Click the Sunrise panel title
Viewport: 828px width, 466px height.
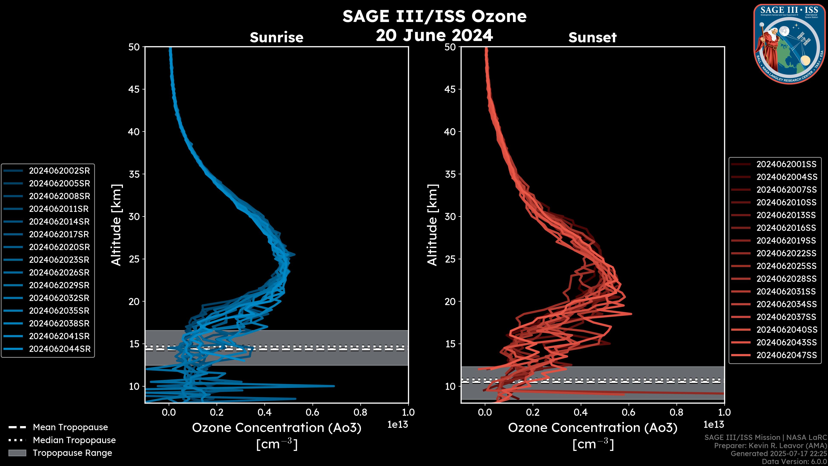276,38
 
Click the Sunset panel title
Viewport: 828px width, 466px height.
592,38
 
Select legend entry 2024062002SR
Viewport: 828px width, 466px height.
60,171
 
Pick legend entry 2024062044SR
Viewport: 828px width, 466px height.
60,349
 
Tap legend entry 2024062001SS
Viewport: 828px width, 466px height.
786,164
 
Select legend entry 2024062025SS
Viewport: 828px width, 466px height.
786,266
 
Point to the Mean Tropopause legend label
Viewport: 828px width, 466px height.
70,427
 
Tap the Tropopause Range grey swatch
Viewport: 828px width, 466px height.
17,453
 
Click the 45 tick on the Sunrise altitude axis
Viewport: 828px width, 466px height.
134,89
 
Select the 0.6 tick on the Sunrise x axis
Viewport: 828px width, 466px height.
312,412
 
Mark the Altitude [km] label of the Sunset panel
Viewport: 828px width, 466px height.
432,225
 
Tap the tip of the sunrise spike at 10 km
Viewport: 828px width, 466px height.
334,386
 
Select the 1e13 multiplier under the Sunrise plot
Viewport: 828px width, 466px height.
398,425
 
